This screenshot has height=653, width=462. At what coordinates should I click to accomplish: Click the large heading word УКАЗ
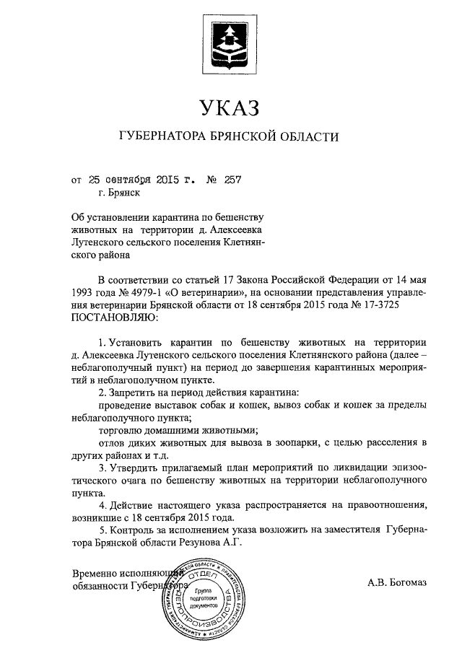click(x=230, y=110)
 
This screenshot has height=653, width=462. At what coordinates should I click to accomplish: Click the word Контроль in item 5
click(x=136, y=528)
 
